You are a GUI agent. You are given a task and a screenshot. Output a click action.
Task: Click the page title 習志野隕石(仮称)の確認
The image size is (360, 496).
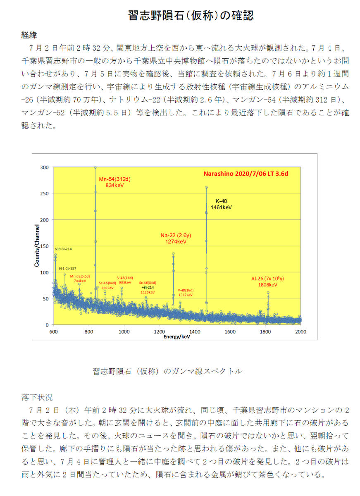(190, 16)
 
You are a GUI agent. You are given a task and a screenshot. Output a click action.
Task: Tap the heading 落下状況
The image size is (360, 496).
(37, 398)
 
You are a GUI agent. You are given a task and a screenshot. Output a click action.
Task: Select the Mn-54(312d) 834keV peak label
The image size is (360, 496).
(114, 183)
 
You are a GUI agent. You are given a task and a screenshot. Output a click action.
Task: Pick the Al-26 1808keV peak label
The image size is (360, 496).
(268, 281)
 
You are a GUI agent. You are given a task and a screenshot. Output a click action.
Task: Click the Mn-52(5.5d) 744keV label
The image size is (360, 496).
(80, 278)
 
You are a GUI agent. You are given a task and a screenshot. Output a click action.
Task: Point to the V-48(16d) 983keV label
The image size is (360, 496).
(125, 280)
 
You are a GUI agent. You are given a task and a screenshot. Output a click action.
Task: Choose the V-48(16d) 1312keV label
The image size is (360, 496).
(185, 293)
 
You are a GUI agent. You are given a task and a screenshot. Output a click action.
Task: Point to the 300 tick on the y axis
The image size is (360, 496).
(44, 167)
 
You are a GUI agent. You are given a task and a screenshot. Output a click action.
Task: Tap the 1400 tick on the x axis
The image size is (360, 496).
(195, 331)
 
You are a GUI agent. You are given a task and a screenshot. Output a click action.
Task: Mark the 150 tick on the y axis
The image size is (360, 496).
(44, 246)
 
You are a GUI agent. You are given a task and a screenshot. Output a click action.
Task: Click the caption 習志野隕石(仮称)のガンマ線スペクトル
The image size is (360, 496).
(167, 371)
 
